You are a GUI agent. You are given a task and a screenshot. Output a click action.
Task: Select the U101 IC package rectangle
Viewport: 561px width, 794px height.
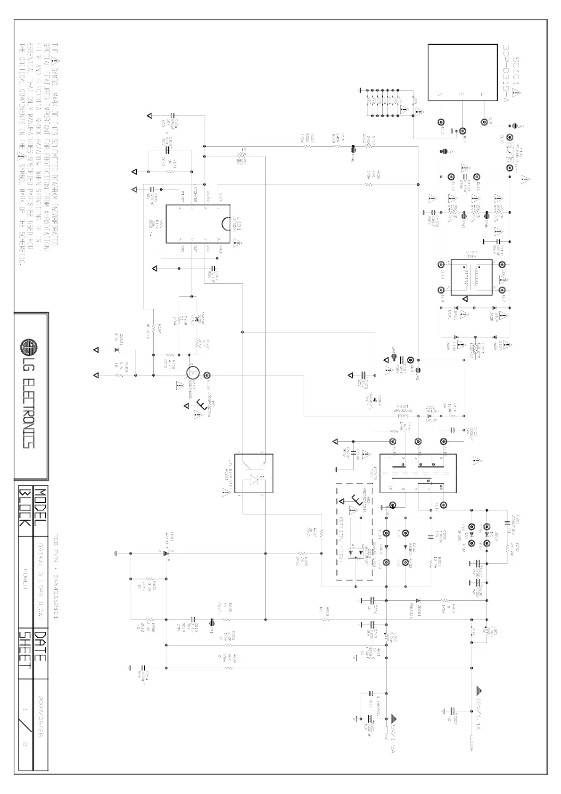pyautogui.click(x=198, y=223)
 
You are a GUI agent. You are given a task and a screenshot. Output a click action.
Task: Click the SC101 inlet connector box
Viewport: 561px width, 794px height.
pyautogui.click(x=462, y=72)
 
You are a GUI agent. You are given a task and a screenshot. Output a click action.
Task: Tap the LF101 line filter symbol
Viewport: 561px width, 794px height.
pyautogui.click(x=471, y=277)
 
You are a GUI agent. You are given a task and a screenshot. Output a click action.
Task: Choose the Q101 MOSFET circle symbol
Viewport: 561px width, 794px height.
pyautogui.click(x=193, y=375)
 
